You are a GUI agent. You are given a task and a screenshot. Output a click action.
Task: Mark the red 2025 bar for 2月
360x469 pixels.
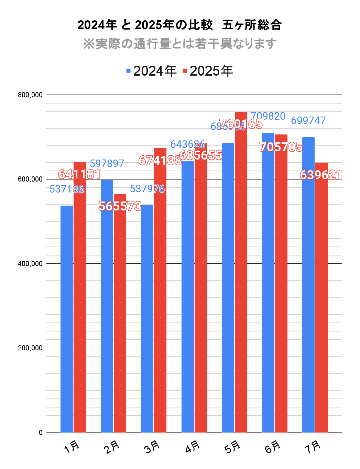[120, 313]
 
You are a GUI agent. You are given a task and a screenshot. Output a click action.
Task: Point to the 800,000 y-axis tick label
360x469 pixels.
[30, 95]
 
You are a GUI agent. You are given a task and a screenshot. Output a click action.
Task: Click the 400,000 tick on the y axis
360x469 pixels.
[30, 264]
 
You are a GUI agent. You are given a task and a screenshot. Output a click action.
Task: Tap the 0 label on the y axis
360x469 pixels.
[41, 433]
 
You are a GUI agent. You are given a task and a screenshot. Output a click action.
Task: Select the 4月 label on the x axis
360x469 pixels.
[193, 447]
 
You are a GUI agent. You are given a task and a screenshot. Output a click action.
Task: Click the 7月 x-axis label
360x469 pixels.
[313, 447]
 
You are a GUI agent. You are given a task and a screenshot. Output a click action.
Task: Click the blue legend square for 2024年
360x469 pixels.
[129, 71]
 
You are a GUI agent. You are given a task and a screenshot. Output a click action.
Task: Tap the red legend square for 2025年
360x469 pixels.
[185, 71]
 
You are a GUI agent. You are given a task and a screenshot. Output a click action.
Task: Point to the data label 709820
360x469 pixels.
[268, 116]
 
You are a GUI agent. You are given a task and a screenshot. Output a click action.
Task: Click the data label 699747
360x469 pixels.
[308, 121]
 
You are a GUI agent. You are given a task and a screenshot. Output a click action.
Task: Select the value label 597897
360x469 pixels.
[107, 164]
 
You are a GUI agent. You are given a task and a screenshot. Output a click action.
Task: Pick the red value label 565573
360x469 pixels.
[120, 206]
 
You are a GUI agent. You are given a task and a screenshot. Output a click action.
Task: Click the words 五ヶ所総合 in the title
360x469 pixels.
[252, 25]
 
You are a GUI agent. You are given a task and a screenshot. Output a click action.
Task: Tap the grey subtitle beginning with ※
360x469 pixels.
[180, 44]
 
